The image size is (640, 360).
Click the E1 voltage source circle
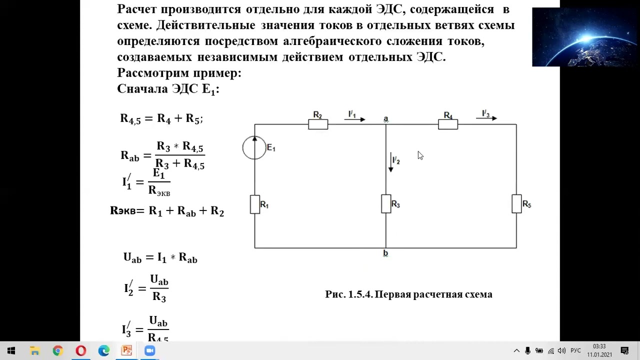254,148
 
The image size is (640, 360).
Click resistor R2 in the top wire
318,124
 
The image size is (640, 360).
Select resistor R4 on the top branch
447,124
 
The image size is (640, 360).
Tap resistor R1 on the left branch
254,204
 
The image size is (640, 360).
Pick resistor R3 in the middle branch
386,204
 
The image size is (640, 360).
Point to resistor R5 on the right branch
516,204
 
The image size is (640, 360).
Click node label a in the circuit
385,118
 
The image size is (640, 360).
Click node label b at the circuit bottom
385,253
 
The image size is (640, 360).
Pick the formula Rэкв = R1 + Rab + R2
167,211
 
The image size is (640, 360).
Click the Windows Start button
11,351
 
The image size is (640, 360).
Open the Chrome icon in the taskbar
57,351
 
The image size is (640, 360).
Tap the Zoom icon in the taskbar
149,351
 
